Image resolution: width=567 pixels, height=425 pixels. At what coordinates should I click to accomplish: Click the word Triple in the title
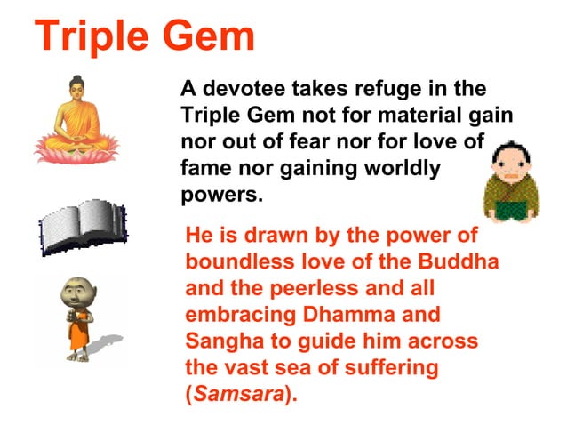[x=91, y=37]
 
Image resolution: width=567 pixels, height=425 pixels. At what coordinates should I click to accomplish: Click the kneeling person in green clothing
[x=511, y=183]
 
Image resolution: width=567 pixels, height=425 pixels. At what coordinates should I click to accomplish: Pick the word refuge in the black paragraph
[x=377, y=90]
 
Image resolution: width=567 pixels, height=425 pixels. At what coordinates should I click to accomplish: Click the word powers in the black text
[x=222, y=194]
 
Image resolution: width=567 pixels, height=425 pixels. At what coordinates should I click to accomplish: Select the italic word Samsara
[x=239, y=394]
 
